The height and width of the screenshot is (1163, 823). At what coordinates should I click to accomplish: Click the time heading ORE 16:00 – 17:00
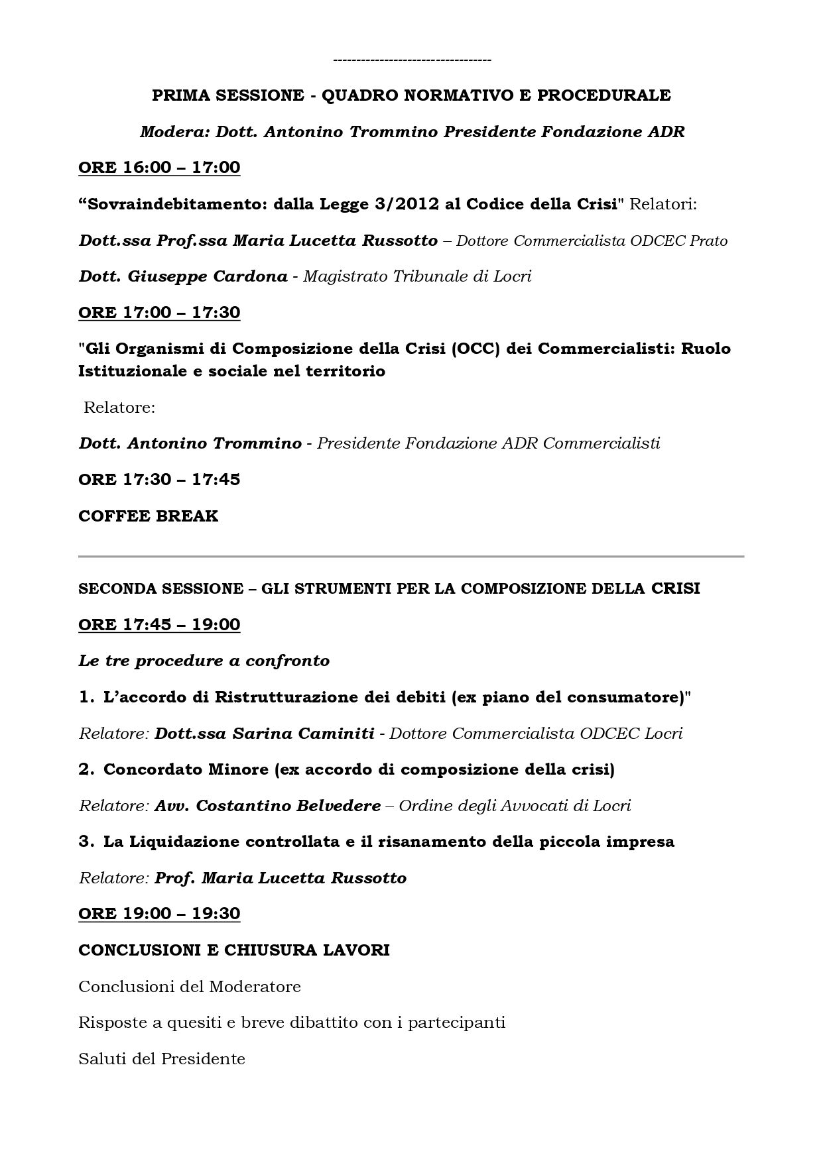point(159,168)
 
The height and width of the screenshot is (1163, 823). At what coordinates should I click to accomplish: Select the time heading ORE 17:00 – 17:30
point(159,312)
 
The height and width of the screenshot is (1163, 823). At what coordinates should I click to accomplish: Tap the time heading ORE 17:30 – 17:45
point(159,479)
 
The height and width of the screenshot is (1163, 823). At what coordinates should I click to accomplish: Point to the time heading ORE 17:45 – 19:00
point(159,624)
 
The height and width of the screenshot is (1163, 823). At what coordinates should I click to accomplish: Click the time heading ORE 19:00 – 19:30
point(159,913)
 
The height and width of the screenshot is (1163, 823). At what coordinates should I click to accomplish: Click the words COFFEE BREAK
point(148,516)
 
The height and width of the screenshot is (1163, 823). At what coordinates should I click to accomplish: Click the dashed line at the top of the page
point(412,61)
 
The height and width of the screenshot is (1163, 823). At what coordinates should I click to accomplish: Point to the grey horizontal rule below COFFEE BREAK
point(411,557)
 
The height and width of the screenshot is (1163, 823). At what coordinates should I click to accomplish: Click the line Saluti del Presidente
point(162,1059)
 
